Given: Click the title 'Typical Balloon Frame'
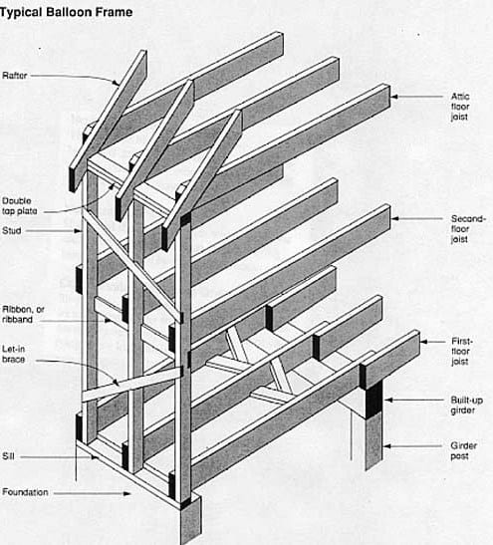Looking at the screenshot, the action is coord(66,12).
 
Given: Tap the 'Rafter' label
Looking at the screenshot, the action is coord(15,76).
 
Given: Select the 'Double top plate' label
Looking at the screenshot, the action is coord(20,206).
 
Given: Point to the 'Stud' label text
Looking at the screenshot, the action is coord(12,230).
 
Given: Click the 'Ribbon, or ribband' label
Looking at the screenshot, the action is coord(23,314).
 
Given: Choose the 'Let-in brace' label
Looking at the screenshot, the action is coord(14,354).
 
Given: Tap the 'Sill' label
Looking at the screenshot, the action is coord(8,456).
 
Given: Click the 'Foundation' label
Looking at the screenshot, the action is coord(25,492).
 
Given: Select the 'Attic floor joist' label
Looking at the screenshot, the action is coord(460,107).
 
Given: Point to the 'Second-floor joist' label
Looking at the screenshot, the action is coord(468,229).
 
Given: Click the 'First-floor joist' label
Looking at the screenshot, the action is coord(462,351).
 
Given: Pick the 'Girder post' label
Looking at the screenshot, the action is coord(463,450).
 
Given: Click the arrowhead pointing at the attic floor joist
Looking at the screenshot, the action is coord(395,97).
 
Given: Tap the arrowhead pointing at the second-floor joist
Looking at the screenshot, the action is coord(395,218).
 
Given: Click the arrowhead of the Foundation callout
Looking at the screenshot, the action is coord(126,493).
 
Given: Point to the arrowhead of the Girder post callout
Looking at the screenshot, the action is coord(387,446).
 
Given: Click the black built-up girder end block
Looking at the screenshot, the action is coord(373,399).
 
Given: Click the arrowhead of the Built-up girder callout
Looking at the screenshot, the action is coord(388,401).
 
